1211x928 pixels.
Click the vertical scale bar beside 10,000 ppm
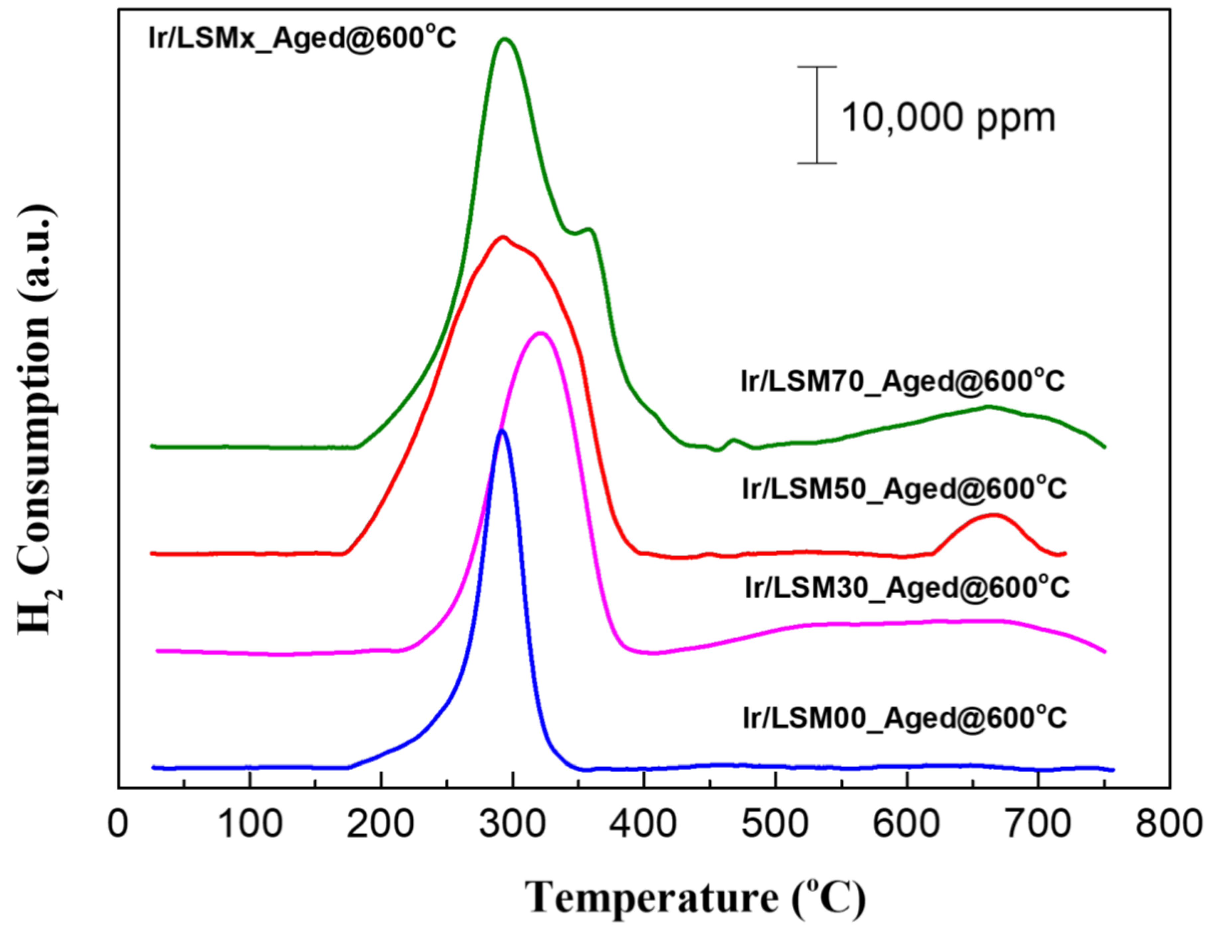point(817,115)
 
